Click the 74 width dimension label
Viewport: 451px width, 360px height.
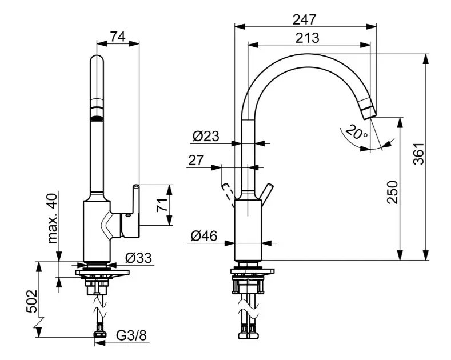point(118,36)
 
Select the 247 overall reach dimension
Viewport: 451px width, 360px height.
point(305,19)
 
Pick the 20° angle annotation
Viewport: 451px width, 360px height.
point(356,134)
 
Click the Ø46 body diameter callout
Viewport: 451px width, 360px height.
point(204,235)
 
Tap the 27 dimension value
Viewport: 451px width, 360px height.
point(196,161)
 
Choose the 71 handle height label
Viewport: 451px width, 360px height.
point(162,205)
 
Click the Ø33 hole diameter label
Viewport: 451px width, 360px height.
point(139,258)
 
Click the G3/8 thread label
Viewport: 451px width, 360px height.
point(131,335)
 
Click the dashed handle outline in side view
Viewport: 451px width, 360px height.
point(228,193)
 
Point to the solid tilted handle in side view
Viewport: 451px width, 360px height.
point(267,193)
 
